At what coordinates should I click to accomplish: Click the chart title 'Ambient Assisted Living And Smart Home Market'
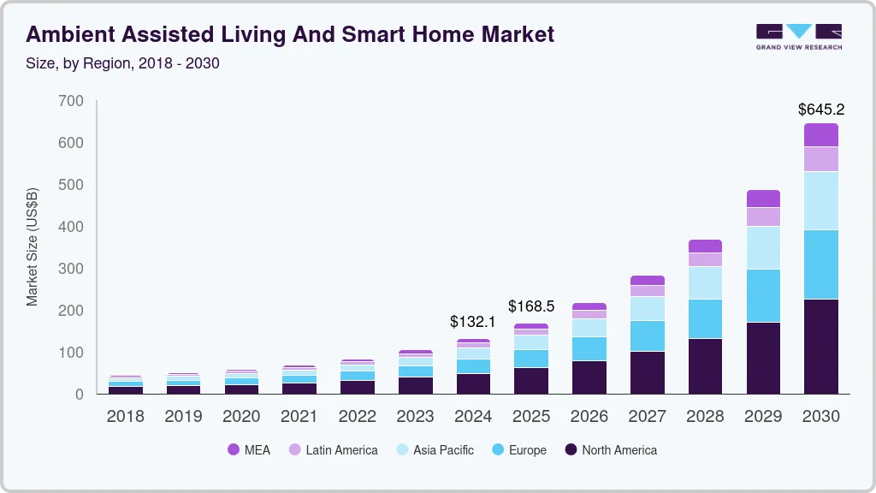(290, 34)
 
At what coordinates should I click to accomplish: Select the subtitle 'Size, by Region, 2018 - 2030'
(122, 63)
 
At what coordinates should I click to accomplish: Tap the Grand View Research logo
(798, 36)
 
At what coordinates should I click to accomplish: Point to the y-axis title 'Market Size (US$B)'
(33, 246)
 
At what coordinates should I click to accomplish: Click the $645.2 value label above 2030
(821, 110)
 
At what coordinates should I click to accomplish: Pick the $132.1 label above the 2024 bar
(473, 322)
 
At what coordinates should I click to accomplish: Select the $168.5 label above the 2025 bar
(531, 306)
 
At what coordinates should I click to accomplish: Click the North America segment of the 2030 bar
(821, 347)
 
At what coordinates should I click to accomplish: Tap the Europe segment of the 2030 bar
(821, 264)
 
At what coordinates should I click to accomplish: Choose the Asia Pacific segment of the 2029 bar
(763, 247)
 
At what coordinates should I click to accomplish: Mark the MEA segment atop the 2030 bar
(821, 135)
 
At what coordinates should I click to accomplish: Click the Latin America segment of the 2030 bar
(821, 159)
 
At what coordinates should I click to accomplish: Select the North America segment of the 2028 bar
(705, 366)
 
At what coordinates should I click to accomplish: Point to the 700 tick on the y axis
(72, 101)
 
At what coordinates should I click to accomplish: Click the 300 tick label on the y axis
(72, 269)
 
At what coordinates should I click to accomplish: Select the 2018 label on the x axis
(125, 417)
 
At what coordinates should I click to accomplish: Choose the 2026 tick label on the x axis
(589, 417)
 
